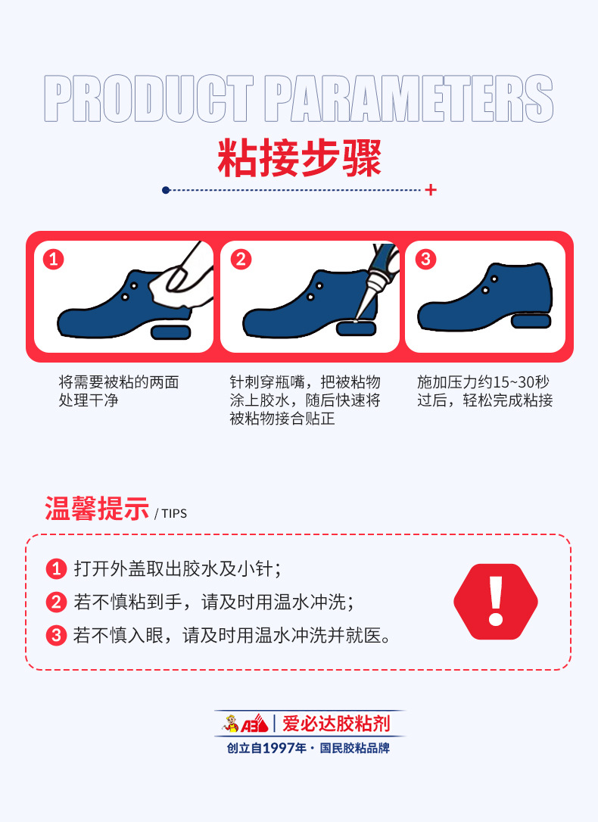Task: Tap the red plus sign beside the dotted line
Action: coord(431,190)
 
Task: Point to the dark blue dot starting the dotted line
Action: coord(166,190)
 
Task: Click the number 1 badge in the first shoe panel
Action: coord(53,260)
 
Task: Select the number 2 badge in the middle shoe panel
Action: coord(240,260)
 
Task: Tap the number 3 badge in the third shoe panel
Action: coord(425,260)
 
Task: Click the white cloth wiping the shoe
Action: coord(173,285)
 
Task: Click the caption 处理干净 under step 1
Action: coord(89,400)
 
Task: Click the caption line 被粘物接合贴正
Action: coord(282,419)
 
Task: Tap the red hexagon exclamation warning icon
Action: coord(496,602)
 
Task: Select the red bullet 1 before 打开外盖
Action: coord(57,568)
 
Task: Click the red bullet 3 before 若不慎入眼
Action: coord(57,635)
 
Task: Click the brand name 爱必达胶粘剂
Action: coord(336,724)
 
